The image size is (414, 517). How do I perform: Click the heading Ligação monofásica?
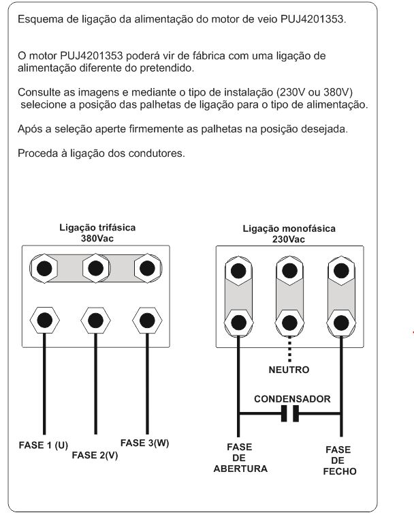pos(289,229)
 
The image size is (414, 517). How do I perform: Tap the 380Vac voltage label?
pos(96,239)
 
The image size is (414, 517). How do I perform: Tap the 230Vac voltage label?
pos(289,239)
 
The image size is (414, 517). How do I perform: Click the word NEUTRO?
pos(289,370)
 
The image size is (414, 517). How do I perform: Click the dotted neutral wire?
pos(290,348)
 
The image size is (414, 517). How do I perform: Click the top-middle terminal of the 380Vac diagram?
pos(95,266)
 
